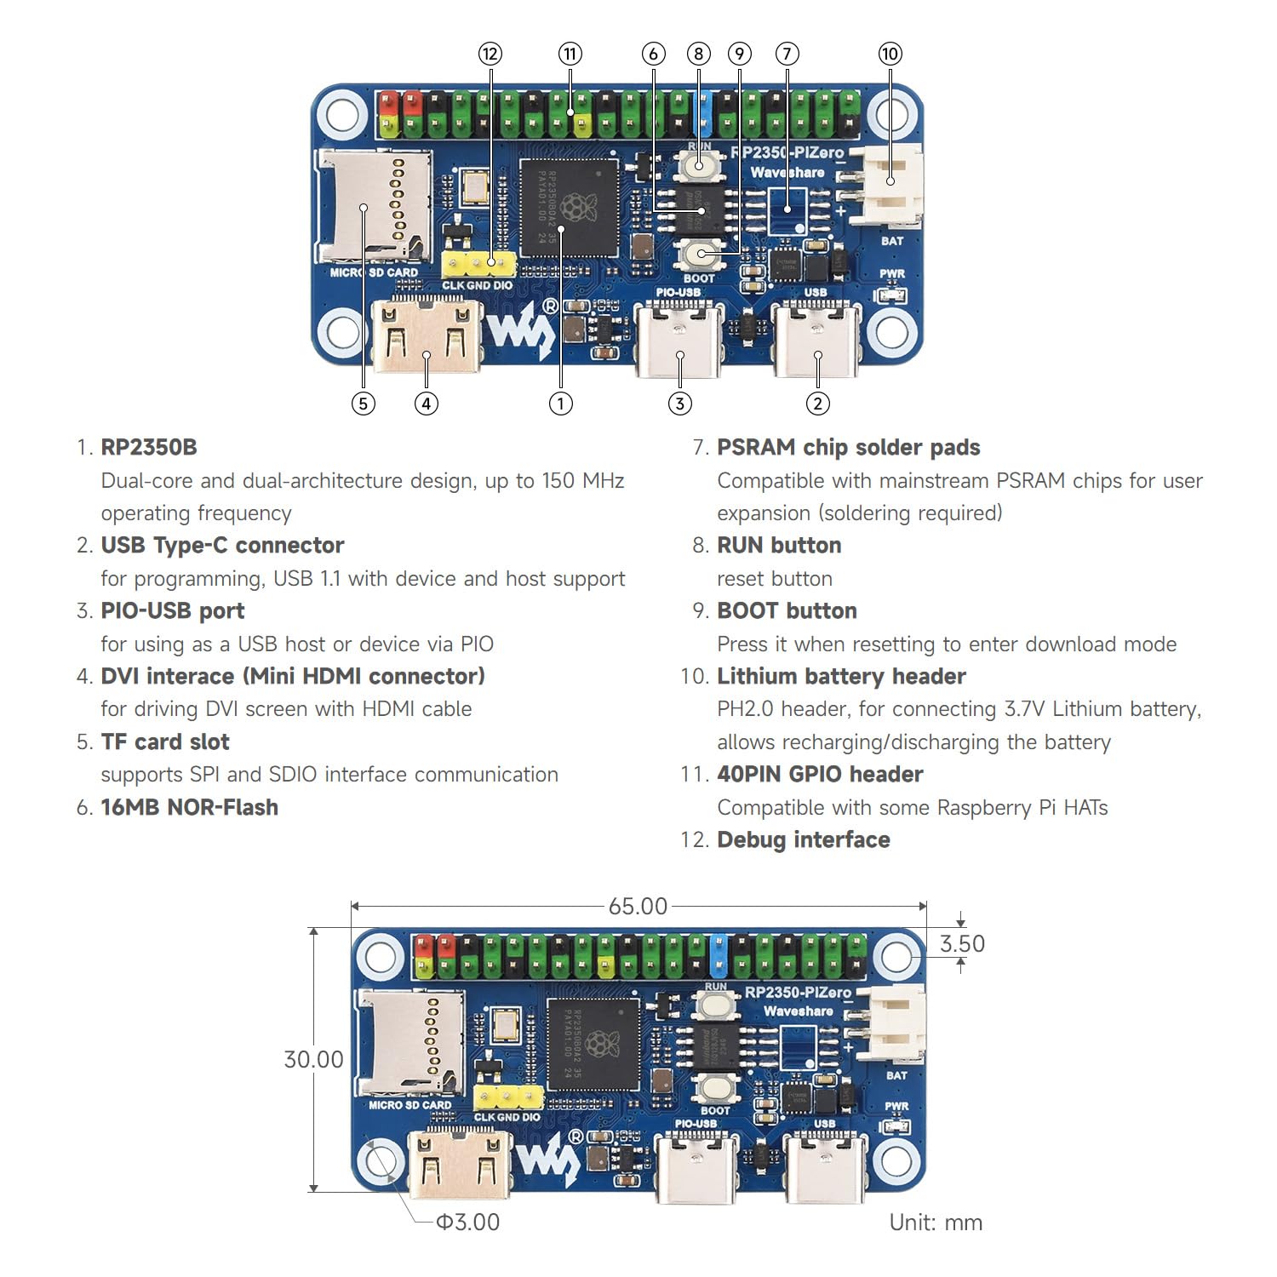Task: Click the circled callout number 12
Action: coord(490,54)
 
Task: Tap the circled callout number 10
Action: coord(890,54)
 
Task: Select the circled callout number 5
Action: coord(364,404)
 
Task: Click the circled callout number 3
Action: coord(679,404)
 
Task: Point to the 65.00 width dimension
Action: coord(638,907)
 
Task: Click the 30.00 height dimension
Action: coord(313,1059)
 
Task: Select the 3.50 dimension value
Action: coord(962,943)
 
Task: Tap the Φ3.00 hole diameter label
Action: coord(467,1223)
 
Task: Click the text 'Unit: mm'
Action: coord(936,1223)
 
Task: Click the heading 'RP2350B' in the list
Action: coord(149,448)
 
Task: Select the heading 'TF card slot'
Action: coord(165,742)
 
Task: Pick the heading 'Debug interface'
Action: coord(803,840)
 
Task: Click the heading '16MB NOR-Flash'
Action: coord(189,808)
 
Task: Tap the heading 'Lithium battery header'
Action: coord(841,677)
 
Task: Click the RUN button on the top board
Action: coord(699,165)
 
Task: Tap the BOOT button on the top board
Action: coord(699,254)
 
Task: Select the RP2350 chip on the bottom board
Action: coord(593,1045)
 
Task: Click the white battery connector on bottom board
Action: coord(895,1024)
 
